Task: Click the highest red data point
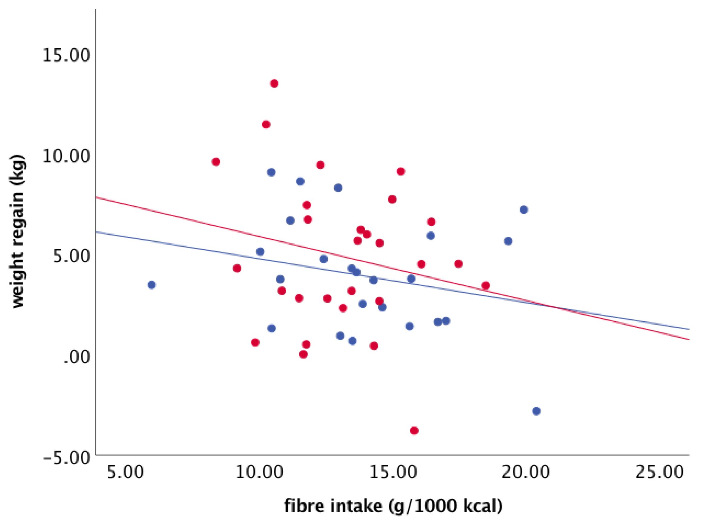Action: (x=274, y=84)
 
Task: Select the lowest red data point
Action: (x=414, y=431)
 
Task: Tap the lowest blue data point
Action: (x=536, y=411)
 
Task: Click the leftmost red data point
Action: (x=216, y=162)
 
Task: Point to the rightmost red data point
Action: (x=485, y=286)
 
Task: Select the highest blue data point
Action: (x=271, y=172)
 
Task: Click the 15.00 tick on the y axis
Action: (x=66, y=56)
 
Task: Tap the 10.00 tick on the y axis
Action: (x=66, y=156)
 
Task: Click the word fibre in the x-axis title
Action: (x=304, y=506)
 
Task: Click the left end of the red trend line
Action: (x=96, y=197)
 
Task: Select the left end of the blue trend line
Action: (x=96, y=232)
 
